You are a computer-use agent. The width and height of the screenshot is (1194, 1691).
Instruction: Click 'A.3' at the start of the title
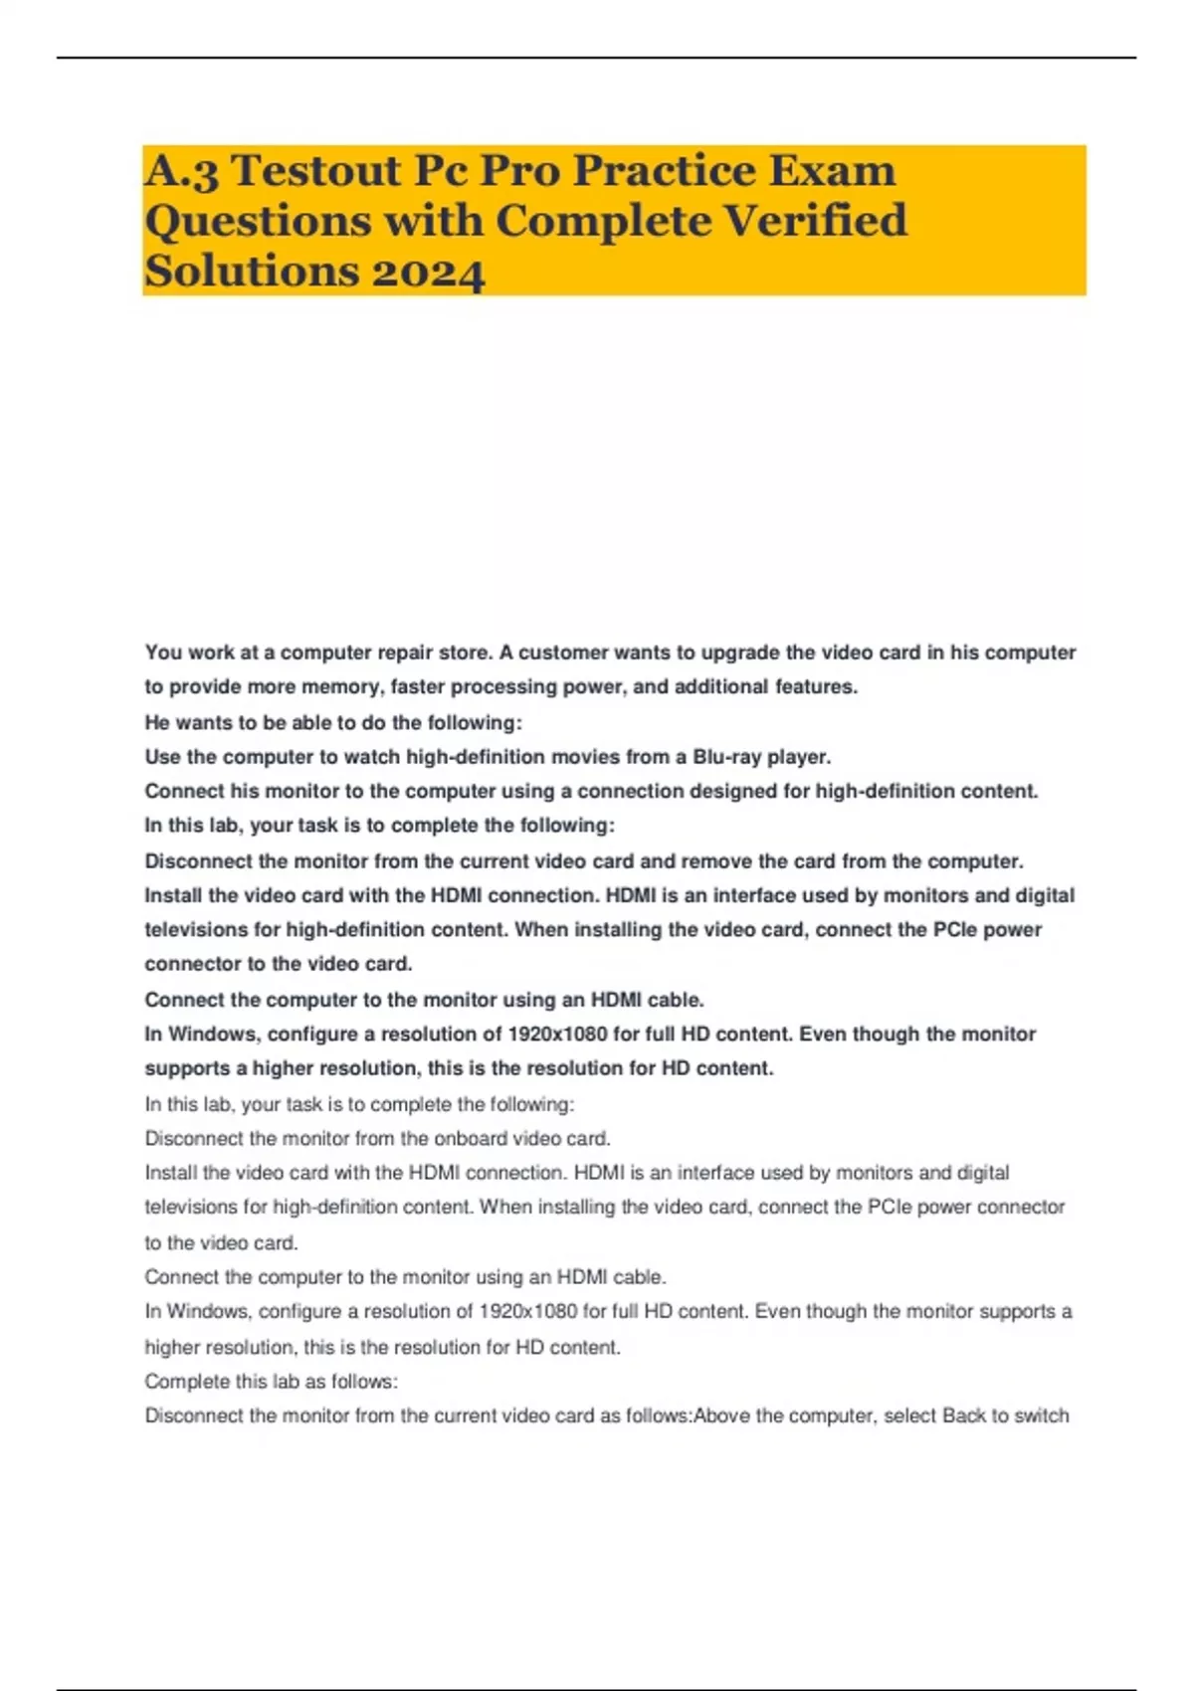point(182,171)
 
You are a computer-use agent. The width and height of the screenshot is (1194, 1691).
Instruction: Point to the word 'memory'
point(341,686)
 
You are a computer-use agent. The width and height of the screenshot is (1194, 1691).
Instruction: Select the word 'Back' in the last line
point(964,1415)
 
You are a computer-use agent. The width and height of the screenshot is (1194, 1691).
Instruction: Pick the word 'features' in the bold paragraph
point(816,686)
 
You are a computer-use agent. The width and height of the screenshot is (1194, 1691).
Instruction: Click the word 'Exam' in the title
point(836,171)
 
